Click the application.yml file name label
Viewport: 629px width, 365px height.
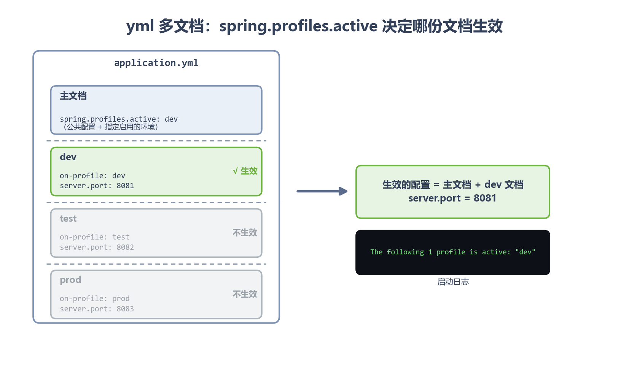point(156,63)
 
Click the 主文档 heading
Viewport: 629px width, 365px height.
point(73,96)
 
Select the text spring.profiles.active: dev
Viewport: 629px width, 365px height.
point(118,119)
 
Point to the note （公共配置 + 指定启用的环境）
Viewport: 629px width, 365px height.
point(109,127)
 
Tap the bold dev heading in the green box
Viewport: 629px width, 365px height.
point(68,157)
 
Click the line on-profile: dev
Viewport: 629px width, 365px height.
point(92,176)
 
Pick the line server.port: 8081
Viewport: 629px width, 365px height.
point(97,186)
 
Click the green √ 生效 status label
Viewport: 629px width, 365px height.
point(245,171)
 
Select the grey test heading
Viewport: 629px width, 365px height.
point(68,219)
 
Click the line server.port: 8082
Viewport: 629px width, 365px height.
point(97,248)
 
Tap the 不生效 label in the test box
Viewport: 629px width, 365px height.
point(245,233)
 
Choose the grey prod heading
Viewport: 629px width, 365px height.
point(70,280)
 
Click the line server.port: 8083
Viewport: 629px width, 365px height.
point(97,309)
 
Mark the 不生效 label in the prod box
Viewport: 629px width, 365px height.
point(245,294)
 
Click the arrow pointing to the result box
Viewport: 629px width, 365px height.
point(322,191)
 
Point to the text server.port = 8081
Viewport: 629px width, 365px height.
point(452,198)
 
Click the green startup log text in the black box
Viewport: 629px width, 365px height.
point(453,252)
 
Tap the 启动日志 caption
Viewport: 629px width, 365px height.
point(453,282)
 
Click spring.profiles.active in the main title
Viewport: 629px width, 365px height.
point(298,26)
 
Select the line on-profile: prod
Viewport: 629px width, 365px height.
point(95,299)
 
